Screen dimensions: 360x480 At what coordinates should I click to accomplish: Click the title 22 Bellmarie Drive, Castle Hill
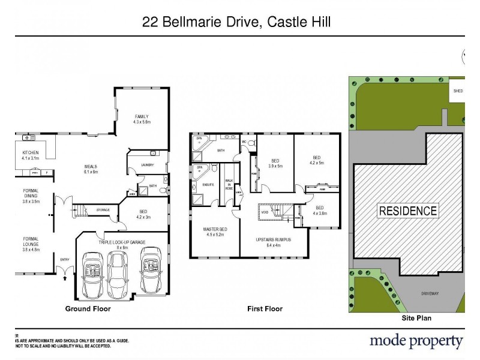[x=236, y=22]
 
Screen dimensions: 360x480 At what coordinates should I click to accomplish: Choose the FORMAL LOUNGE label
[x=30, y=241]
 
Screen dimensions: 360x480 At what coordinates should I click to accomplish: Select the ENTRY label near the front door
[x=65, y=259]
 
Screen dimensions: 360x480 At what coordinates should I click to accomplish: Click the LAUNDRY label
[x=148, y=165]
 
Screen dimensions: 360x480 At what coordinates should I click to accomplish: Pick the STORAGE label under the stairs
[x=103, y=210]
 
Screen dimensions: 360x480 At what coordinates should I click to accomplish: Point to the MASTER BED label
[x=215, y=231]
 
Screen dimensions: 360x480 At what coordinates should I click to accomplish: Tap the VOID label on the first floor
[x=264, y=211]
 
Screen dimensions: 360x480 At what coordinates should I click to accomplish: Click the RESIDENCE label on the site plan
[x=407, y=211]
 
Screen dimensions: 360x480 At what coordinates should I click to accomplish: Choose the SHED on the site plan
[x=458, y=91]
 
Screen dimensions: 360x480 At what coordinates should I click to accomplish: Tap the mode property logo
[x=416, y=341]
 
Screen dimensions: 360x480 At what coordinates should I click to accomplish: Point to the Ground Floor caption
[x=88, y=309]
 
